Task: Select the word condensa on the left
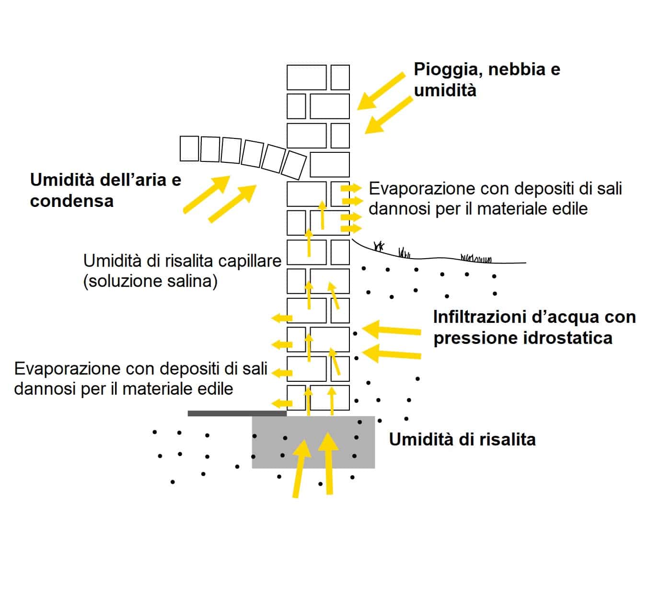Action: click(x=72, y=201)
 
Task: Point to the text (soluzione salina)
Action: click(x=150, y=282)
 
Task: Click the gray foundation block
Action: click(x=313, y=442)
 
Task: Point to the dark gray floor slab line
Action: click(x=237, y=413)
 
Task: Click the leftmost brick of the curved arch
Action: click(x=189, y=148)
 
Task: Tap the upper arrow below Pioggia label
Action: click(x=381, y=91)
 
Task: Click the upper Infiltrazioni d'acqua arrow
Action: click(x=392, y=330)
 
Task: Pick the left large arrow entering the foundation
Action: click(x=300, y=468)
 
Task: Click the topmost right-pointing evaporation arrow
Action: click(x=351, y=188)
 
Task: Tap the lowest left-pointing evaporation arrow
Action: click(x=282, y=404)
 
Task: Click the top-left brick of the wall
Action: click(x=306, y=78)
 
